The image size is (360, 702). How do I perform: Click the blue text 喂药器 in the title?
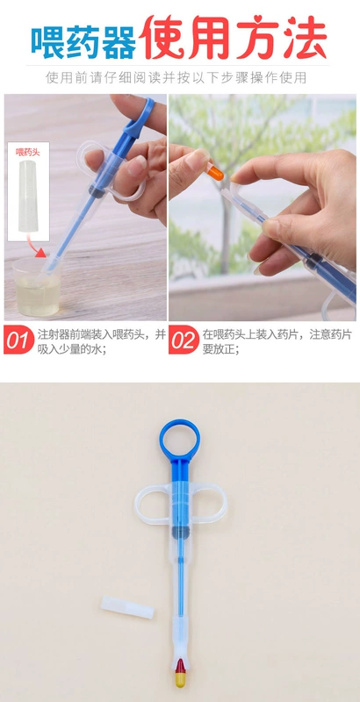83,43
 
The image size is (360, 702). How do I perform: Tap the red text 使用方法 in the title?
233,38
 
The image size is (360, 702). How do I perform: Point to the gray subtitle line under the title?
176,77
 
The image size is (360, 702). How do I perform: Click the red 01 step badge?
18,340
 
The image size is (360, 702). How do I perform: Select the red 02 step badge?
184,340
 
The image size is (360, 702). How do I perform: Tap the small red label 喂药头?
28,152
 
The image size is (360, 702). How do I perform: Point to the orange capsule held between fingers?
215,172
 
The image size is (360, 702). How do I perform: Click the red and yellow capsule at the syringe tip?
180,673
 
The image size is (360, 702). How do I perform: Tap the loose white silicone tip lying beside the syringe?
127,607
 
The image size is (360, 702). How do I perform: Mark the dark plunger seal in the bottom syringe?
181,533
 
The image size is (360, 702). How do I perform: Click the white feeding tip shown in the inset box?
28,196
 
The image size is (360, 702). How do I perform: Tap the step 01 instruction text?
102,341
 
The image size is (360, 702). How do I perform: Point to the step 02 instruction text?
277,341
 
